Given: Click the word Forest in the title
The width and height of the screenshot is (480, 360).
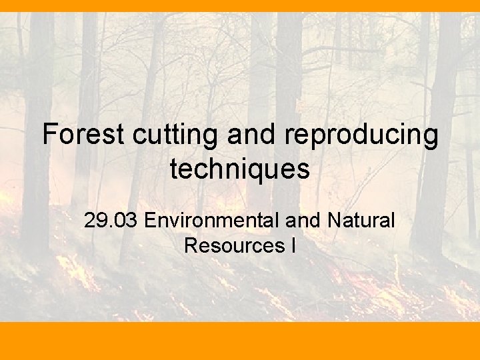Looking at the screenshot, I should click(83, 135).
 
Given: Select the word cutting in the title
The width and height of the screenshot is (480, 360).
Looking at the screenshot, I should click(175, 135).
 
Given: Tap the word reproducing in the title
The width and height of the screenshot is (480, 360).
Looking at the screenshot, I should click(361, 135).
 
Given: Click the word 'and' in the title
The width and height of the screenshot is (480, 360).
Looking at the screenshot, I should click(252, 135).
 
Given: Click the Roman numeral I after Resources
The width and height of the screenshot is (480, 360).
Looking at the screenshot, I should click(293, 245).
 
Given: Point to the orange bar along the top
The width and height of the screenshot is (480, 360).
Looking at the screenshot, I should click(240, 6).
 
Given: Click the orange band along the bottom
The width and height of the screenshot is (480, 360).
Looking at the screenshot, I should click(240, 341).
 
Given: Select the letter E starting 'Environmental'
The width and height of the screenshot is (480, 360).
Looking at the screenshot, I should click(150, 220).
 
